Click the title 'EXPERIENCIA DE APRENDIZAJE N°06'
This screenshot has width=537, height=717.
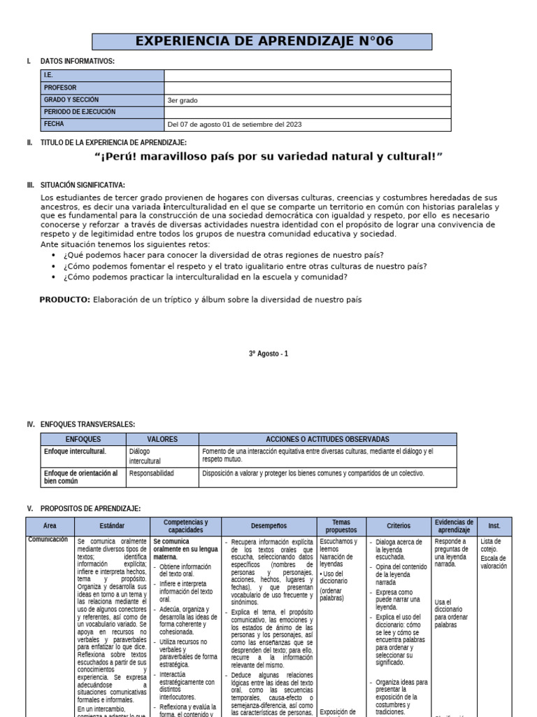tap(264, 41)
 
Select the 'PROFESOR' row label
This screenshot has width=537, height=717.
tap(60, 88)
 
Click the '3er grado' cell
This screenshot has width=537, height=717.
tap(182, 100)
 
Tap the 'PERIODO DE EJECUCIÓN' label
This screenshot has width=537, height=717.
tap(79, 112)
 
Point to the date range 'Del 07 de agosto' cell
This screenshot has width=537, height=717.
tap(234, 125)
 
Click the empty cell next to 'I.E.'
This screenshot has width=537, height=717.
tap(308, 76)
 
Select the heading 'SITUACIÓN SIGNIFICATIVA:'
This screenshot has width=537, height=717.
tap(83, 185)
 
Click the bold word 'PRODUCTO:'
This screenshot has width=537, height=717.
tap(65, 299)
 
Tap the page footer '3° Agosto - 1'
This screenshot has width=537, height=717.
tap(268, 354)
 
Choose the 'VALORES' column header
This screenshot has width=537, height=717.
tap(162, 439)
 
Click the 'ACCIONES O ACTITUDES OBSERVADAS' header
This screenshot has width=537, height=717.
tap(327, 439)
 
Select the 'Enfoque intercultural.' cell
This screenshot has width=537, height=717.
tap(75, 452)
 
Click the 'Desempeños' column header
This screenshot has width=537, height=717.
tap(268, 526)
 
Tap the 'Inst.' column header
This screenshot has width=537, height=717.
tap(494, 526)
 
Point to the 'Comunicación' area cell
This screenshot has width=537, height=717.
tap(48, 540)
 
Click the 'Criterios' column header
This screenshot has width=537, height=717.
tap(399, 526)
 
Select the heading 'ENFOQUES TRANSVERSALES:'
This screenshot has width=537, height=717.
tap(87, 424)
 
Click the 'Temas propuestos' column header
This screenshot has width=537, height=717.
tap(341, 526)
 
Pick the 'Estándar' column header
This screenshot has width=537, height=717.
tap(112, 526)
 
